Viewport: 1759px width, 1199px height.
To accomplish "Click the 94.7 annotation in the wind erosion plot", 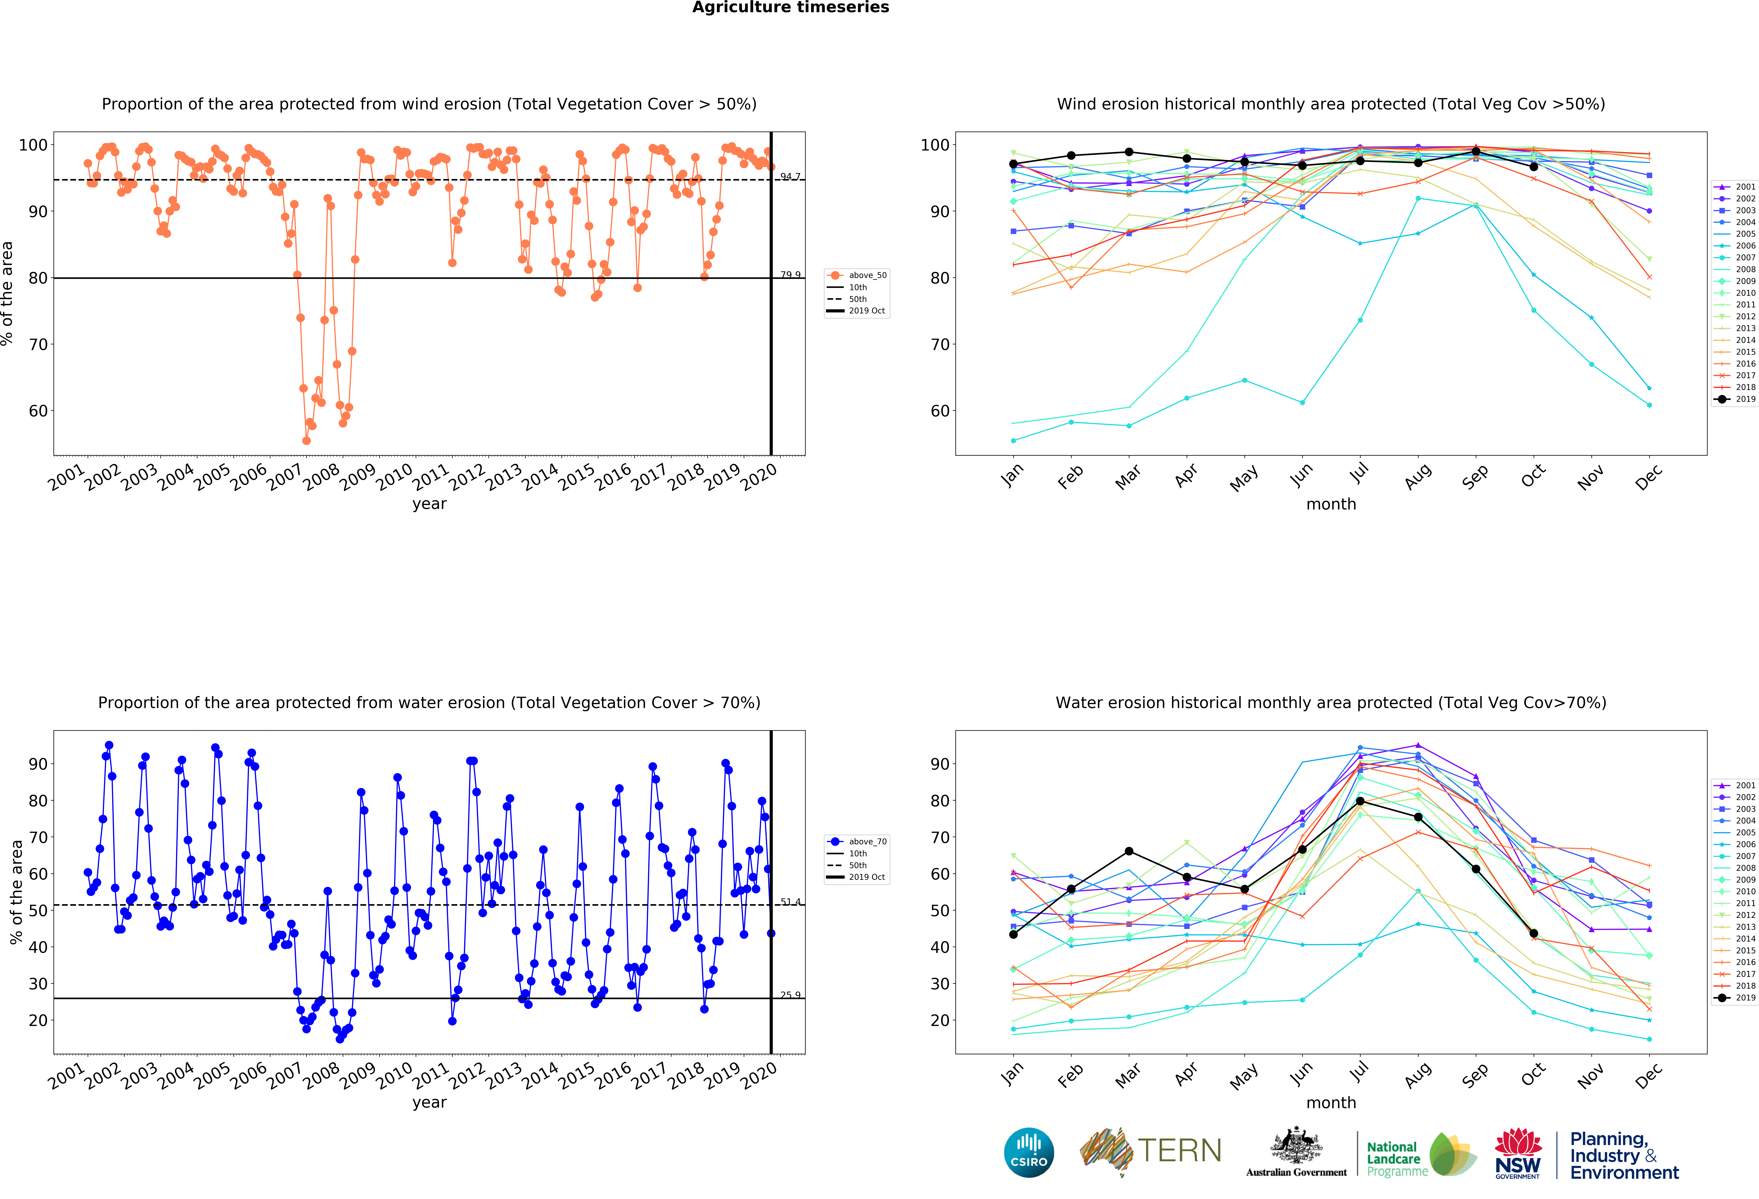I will pyautogui.click(x=790, y=176).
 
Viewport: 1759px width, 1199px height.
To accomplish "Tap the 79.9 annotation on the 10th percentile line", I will pyautogui.click(x=790, y=275).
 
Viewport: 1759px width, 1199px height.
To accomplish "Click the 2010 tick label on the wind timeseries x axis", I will pyautogui.click(x=394, y=477).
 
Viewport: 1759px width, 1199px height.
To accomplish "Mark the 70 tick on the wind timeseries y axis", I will pyautogui.click(x=38, y=344).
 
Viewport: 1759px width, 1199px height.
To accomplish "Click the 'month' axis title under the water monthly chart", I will pyautogui.click(x=1331, y=1103).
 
